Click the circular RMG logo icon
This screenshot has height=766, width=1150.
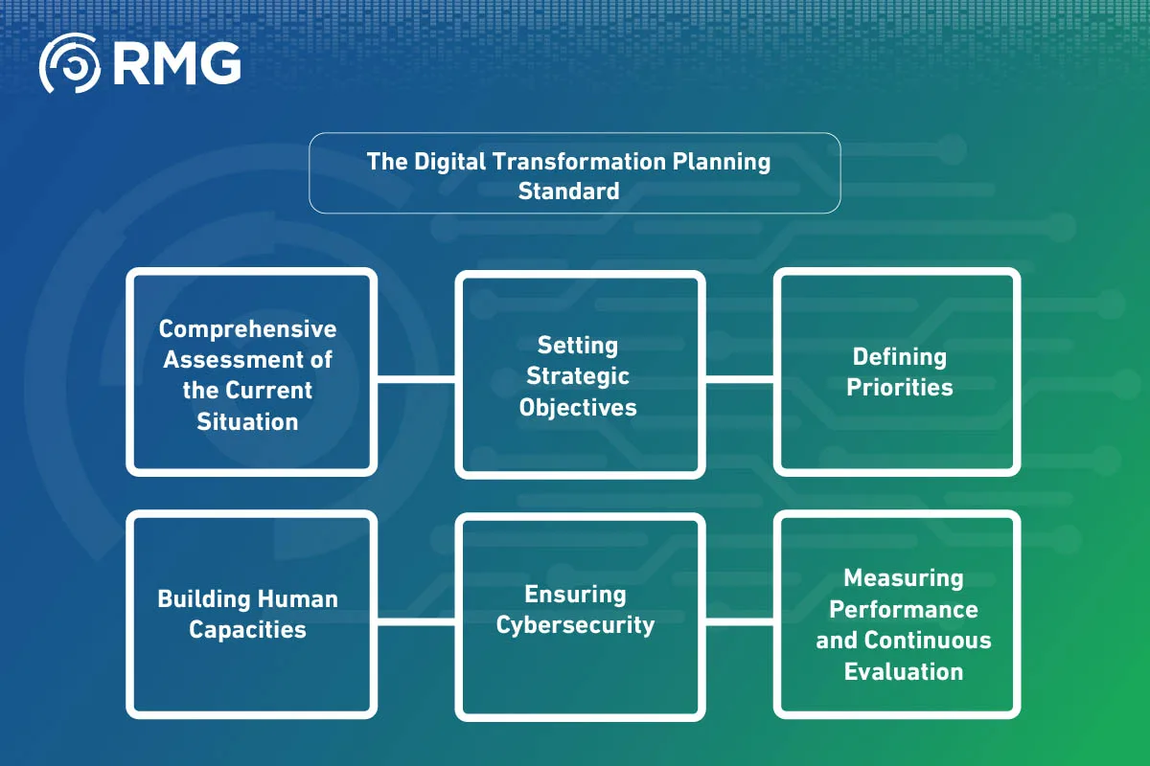coord(70,64)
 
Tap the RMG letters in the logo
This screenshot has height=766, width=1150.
coord(176,64)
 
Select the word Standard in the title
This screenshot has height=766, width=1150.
coord(568,191)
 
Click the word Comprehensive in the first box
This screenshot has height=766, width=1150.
coord(247,329)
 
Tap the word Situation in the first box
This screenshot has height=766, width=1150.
coord(247,421)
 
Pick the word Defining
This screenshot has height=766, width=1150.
coord(899,357)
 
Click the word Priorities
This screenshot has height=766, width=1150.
coord(899,388)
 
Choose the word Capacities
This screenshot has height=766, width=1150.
coord(247,630)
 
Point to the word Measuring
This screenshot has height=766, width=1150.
coord(903,578)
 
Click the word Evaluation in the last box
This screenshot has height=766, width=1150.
coord(903,671)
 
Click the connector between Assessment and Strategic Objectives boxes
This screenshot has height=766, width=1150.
coord(415,378)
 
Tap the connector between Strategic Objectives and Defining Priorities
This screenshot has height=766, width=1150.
coord(739,378)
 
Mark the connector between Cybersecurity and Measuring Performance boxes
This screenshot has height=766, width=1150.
coord(739,621)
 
